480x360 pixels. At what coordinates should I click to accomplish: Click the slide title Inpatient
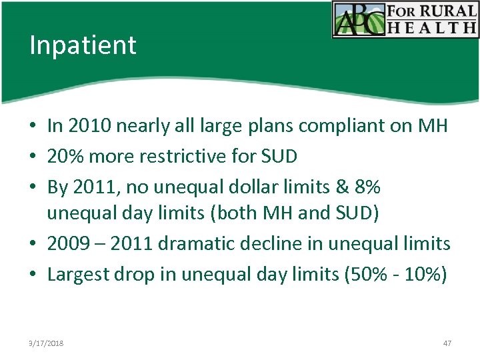tap(83, 45)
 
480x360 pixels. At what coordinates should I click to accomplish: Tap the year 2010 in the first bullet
tap(85, 125)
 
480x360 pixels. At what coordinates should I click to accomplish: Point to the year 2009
tap(67, 244)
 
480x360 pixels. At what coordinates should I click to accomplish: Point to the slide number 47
tap(447, 343)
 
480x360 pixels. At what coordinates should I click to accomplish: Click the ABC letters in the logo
tap(359, 20)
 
